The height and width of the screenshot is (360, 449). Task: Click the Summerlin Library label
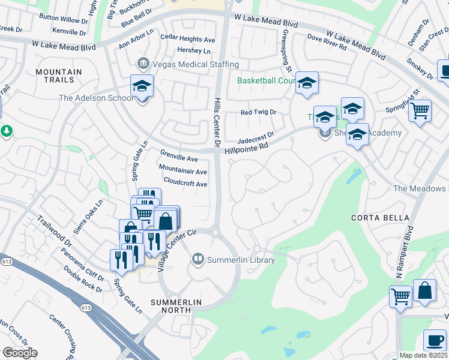(x=241, y=260)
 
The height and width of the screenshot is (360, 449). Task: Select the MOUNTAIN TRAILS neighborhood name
(x=58, y=76)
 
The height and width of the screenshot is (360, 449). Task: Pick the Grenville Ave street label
(x=178, y=159)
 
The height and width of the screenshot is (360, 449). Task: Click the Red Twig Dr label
(x=258, y=112)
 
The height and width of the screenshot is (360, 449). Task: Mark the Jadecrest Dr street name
(x=256, y=137)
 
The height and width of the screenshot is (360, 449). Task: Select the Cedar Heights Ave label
(x=188, y=40)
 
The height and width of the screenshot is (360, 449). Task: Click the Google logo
(x=20, y=353)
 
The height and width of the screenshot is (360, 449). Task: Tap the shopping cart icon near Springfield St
(x=420, y=111)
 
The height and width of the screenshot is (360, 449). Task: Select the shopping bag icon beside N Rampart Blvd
(x=424, y=291)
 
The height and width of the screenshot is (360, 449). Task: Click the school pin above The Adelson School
(x=142, y=86)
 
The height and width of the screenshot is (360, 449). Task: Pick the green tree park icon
(x=6, y=130)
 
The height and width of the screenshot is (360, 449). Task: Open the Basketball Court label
(x=266, y=80)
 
